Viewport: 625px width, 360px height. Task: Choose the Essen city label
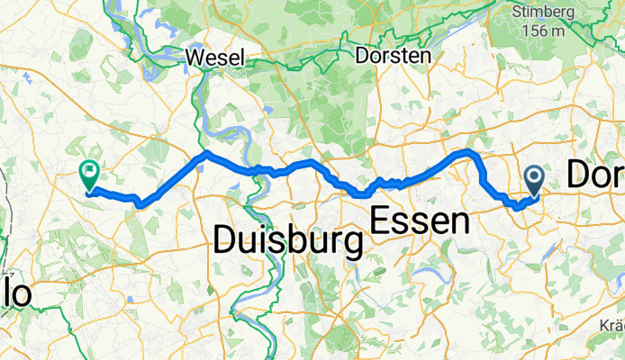point(421,220)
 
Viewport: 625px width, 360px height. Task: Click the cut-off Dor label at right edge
point(596,175)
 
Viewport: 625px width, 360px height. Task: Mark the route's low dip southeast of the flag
point(140,204)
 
